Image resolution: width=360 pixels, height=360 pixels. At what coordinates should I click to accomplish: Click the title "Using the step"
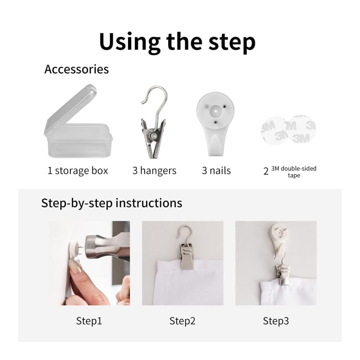[x=177, y=42]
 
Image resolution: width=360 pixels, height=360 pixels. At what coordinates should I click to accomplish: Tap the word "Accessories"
[x=76, y=69]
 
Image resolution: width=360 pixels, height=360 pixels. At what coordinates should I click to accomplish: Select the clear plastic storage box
[x=78, y=121]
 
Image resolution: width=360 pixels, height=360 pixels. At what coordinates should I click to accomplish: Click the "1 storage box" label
[x=78, y=171]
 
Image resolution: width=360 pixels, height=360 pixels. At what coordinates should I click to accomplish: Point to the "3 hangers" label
[x=154, y=171]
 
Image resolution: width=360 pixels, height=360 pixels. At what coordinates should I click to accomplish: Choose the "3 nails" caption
[x=216, y=171]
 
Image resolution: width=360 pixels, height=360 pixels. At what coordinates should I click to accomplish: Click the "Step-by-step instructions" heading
[x=112, y=203]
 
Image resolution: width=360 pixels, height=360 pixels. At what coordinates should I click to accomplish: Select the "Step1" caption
[x=89, y=321]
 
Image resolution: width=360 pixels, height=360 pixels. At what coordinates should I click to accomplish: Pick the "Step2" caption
[x=182, y=321]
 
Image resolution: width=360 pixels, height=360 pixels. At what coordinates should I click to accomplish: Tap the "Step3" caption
[x=276, y=321]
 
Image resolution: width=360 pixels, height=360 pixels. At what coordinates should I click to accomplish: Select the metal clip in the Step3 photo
[x=282, y=275]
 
